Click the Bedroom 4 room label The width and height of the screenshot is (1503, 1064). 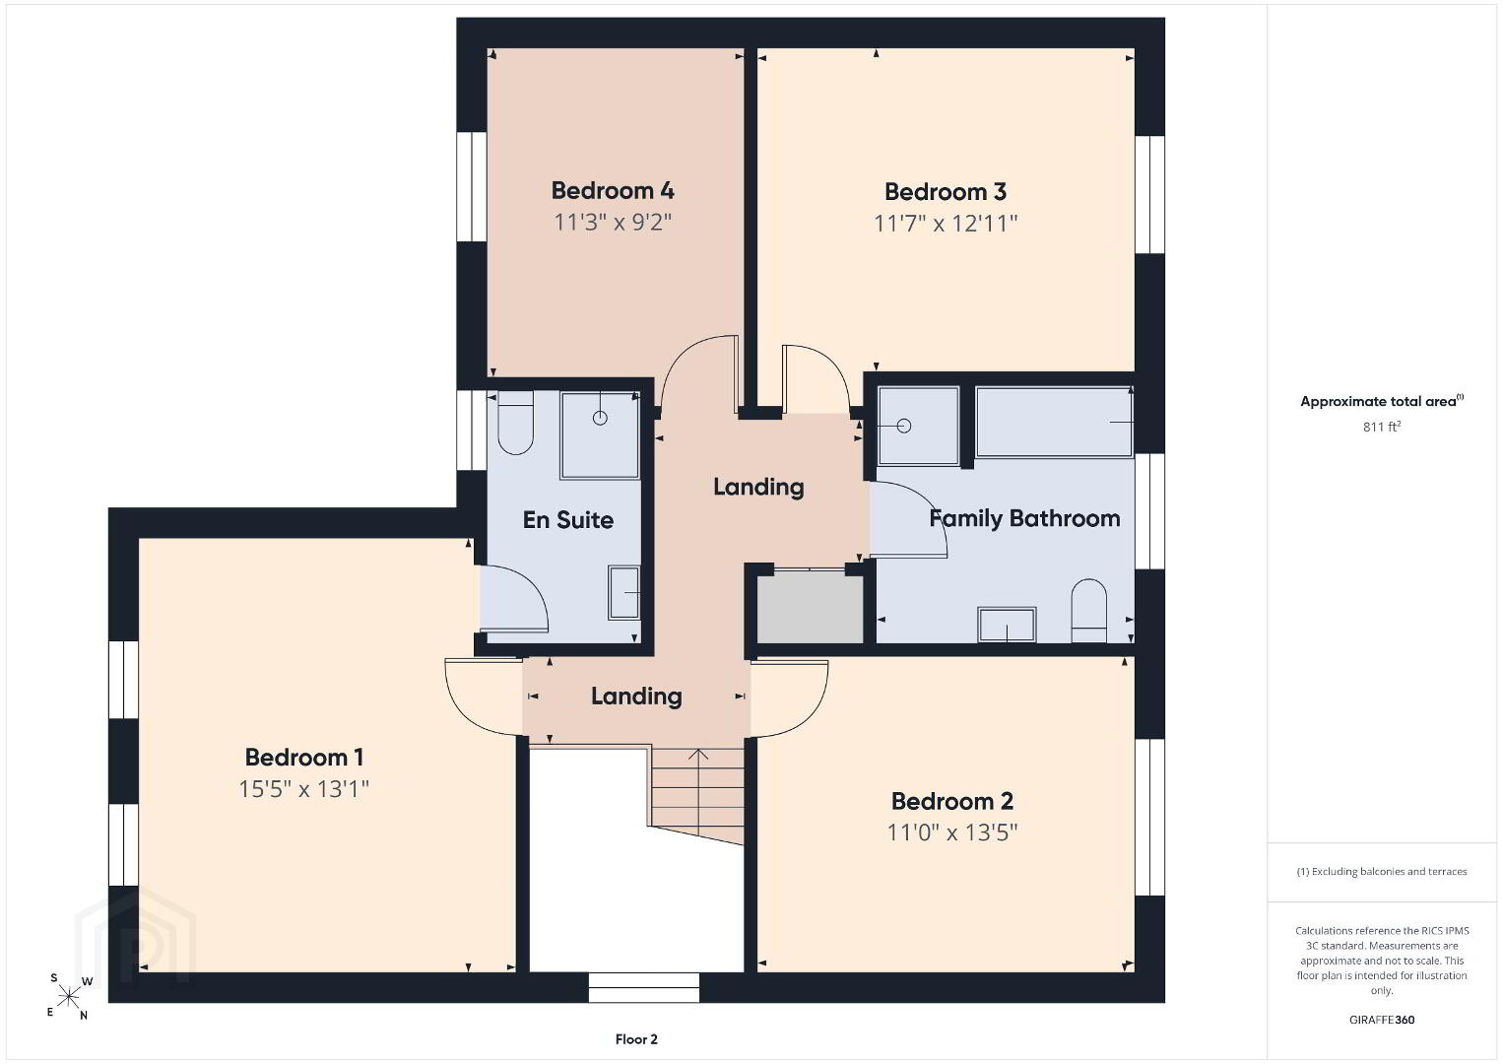(x=613, y=191)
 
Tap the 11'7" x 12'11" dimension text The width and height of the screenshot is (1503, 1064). (x=946, y=223)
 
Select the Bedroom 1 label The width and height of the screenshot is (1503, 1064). (x=304, y=758)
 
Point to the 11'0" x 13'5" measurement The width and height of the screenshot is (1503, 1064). (x=952, y=832)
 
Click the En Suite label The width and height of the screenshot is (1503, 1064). (x=567, y=520)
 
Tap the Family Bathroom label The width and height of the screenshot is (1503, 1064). (x=1024, y=519)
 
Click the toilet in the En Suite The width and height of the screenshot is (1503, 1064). (x=515, y=423)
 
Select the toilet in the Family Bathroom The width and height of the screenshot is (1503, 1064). (x=1088, y=611)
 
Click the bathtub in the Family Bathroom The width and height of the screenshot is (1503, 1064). (x=1054, y=423)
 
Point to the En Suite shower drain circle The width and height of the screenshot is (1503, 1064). (x=600, y=419)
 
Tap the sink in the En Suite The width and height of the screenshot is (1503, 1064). (x=624, y=592)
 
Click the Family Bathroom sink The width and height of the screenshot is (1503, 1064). (x=1007, y=625)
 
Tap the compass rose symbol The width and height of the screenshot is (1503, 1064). (x=68, y=997)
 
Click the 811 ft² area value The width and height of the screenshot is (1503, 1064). (x=1382, y=427)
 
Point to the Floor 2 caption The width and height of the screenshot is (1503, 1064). (x=636, y=1039)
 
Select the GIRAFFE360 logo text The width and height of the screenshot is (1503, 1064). (x=1382, y=1020)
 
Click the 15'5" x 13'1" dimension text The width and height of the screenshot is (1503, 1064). (x=304, y=789)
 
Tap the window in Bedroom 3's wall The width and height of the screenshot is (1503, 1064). (x=1149, y=195)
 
